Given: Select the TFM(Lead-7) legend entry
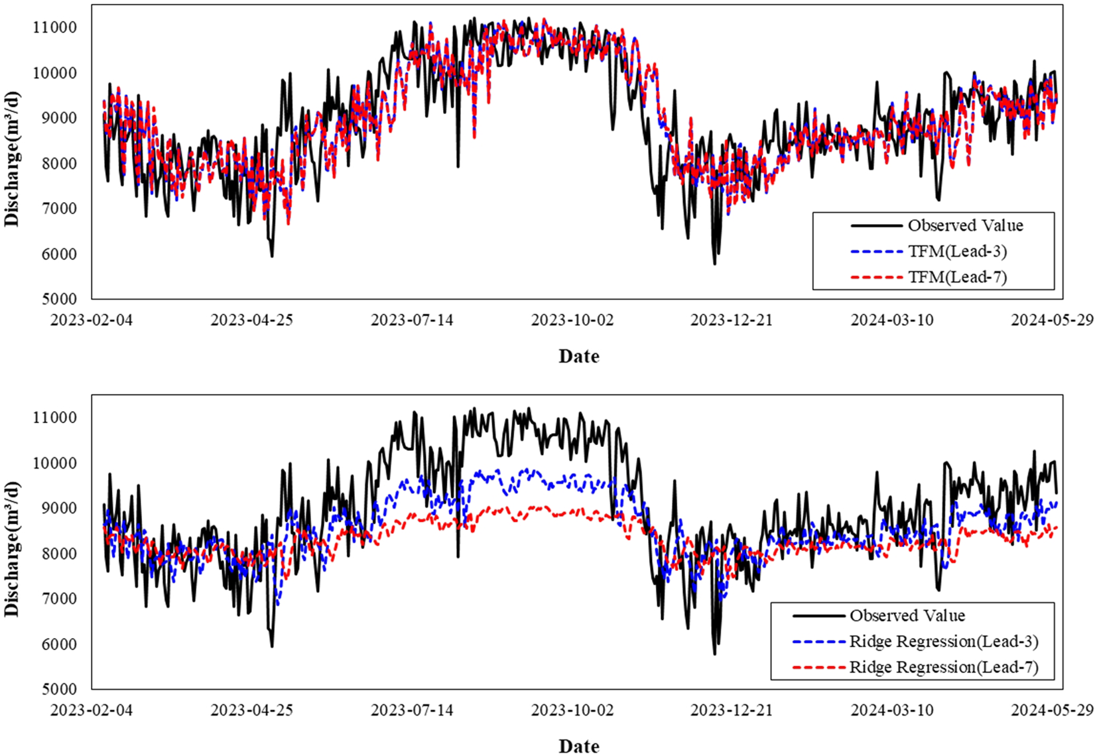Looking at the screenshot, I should click(957, 277).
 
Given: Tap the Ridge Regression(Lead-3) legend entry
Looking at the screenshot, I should click(943, 641).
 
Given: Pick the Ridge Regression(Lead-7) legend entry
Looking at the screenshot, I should click(943, 667).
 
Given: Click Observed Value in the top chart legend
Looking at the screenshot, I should click(965, 225).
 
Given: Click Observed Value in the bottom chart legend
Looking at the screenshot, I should click(907, 615).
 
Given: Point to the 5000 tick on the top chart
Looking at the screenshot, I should click(58, 299).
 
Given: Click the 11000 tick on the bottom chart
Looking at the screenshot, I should click(54, 418).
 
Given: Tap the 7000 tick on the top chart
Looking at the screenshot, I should click(58, 208).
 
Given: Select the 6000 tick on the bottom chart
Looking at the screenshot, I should click(58, 644).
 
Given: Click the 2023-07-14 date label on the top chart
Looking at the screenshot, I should click(412, 320).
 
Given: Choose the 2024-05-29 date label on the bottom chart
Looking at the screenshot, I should click(1052, 710).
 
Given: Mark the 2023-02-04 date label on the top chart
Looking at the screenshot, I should click(92, 320).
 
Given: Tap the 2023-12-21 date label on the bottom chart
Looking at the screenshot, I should click(732, 710).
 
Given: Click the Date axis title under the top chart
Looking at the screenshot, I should click(579, 356).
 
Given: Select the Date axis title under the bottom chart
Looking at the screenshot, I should click(579, 746).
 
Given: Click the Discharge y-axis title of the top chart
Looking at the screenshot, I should click(13, 159).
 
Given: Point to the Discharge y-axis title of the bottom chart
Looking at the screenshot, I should click(13, 549).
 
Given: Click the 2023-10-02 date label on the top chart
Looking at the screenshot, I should click(572, 320).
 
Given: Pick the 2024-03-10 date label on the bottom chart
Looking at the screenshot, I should click(892, 710).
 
